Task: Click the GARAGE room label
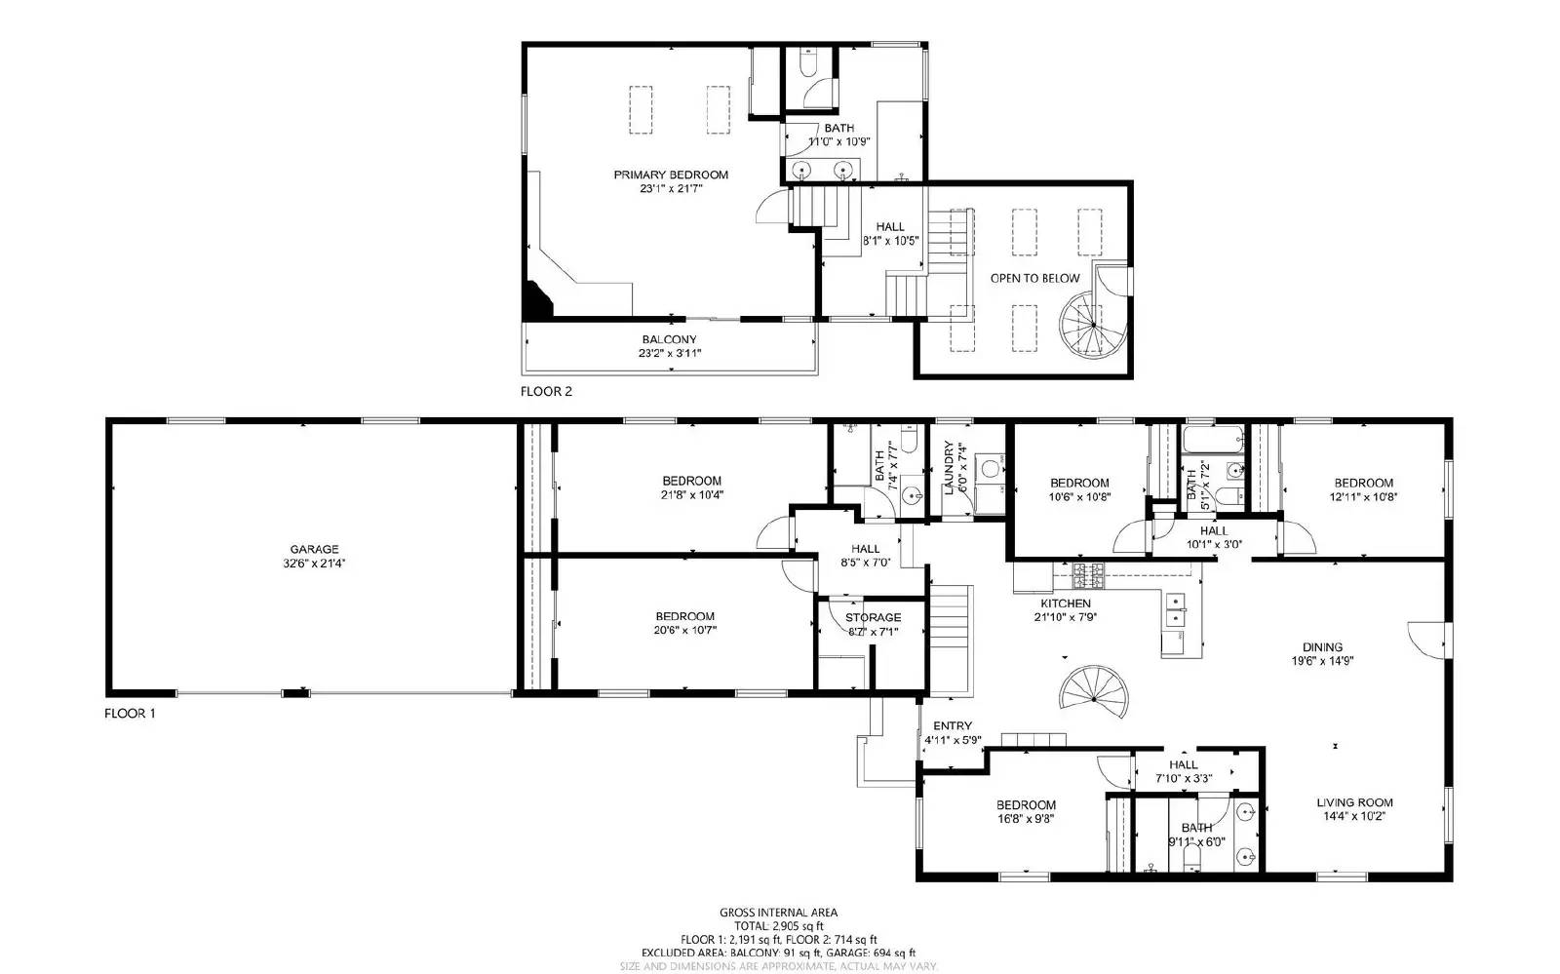click(314, 549)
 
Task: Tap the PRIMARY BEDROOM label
click(671, 175)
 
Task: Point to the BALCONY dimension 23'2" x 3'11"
click(670, 353)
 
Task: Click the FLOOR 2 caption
click(546, 392)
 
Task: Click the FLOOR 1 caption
click(130, 713)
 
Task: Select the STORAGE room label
click(873, 617)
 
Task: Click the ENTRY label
click(953, 725)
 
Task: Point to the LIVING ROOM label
click(1354, 802)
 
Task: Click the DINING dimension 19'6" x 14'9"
click(1322, 660)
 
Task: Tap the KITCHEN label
click(1065, 604)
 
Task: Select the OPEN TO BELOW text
click(1034, 278)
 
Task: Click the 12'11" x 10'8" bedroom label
click(1363, 483)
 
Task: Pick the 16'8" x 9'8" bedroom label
click(1026, 804)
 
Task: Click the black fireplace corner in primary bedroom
click(535, 302)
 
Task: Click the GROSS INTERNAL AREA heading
click(778, 913)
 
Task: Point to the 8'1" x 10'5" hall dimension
click(890, 240)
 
